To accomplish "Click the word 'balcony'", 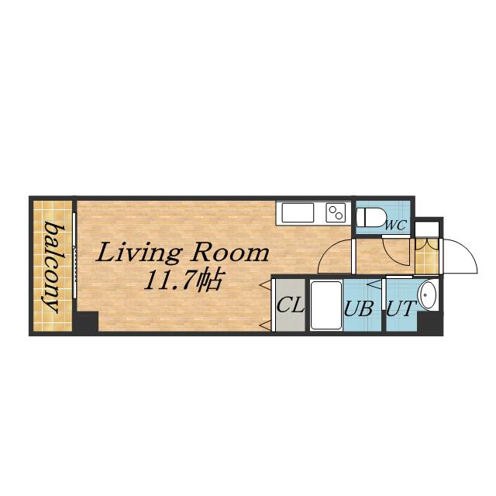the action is click(x=50, y=267).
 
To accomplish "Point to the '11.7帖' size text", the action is click(x=183, y=280).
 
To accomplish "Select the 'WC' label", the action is click(x=395, y=226).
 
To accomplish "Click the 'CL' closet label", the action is click(x=291, y=305).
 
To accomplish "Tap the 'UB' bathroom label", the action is click(x=359, y=308).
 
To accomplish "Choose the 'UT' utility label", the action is click(x=401, y=308).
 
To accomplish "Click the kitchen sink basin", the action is click(x=298, y=212).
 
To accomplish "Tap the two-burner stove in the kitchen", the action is click(x=336, y=212).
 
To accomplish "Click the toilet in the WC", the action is click(x=370, y=217).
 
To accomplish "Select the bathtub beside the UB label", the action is click(x=326, y=305).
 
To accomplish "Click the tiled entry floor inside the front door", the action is click(x=427, y=257).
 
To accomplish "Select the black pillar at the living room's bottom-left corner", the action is click(x=86, y=322).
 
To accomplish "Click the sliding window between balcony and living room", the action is click(x=74, y=256).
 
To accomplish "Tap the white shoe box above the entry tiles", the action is click(x=427, y=229).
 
